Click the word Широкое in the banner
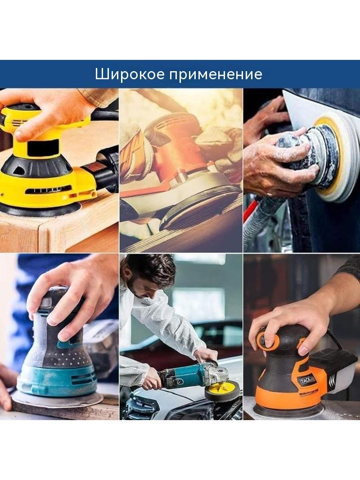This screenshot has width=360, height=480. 130,74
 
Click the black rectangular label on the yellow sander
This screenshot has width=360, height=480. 42,147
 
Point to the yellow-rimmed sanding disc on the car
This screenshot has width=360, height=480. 333,159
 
